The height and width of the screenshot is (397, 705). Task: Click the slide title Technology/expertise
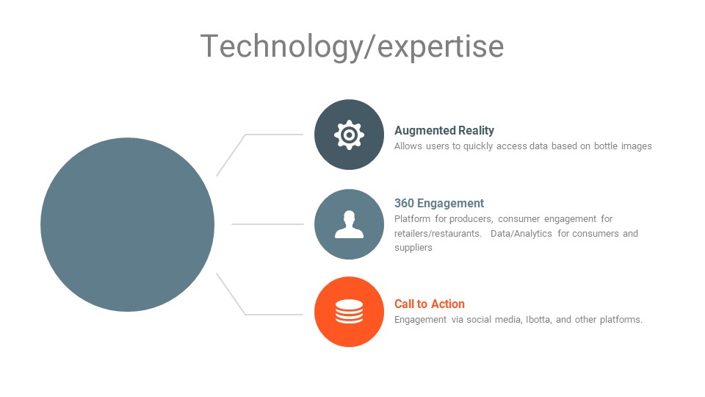[x=352, y=46]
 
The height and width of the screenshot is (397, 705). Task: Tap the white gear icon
[x=349, y=135]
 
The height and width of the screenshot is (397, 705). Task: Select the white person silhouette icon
[x=349, y=224]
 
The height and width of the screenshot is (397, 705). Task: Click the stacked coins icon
[x=349, y=312]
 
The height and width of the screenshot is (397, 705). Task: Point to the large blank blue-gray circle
[x=127, y=225]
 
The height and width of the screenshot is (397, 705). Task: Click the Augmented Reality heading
[x=444, y=131]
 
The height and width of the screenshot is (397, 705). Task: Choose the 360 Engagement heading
[x=439, y=203]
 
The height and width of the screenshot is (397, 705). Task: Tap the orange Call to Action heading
[x=430, y=304]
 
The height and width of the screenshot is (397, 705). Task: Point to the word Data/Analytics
[x=521, y=234]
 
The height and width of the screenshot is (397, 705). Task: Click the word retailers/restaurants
[x=438, y=234]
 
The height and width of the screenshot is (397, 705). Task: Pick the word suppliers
[x=413, y=248]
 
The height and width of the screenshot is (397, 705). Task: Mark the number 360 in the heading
[x=404, y=203]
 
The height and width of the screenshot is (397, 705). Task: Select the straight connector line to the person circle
[x=267, y=223]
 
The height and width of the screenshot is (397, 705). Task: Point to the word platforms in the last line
[x=621, y=320]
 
